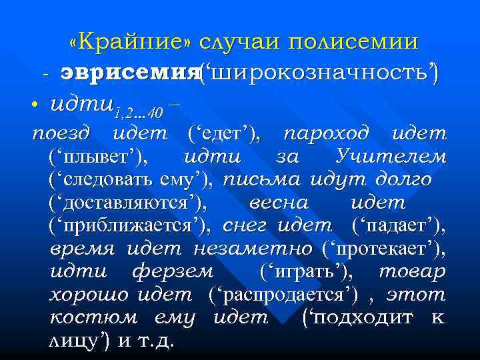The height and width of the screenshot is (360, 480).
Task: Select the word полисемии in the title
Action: (x=353, y=42)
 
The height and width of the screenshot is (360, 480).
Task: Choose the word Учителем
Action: (x=391, y=157)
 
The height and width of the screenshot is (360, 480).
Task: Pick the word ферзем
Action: (x=173, y=272)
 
